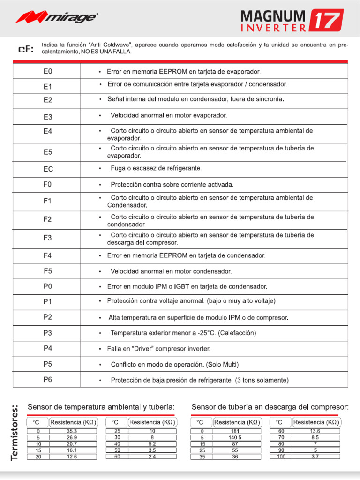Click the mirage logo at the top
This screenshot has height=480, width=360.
click(57, 18)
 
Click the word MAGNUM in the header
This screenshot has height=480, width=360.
click(273, 16)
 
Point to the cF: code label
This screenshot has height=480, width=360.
click(26, 49)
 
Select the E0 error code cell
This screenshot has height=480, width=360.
click(48, 72)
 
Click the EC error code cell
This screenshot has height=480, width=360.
click(48, 169)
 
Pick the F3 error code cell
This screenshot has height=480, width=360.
click(48, 238)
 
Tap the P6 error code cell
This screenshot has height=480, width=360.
click(48, 380)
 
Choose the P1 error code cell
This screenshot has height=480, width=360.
click(48, 301)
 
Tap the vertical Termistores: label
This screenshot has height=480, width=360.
click(15, 432)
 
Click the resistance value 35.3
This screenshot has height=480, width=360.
click(72, 431)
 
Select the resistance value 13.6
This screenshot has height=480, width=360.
click(315, 431)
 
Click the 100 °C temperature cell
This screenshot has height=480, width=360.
click(281, 457)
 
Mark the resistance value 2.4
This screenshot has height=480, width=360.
click(152, 457)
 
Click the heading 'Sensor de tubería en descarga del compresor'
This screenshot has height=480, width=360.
click(270, 407)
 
